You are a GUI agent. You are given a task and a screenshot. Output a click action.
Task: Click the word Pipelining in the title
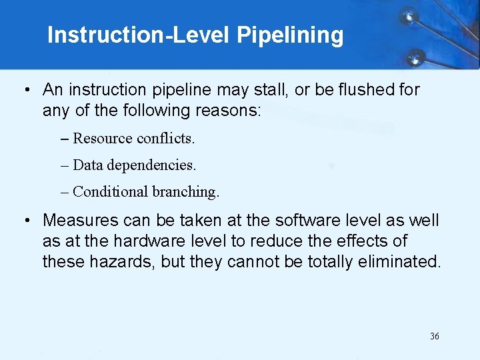coord(290,35)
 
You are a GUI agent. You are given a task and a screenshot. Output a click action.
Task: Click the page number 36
coord(435,337)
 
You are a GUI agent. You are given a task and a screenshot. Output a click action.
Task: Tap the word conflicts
coord(165,138)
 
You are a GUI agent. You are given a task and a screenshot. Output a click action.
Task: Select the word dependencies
coord(151,165)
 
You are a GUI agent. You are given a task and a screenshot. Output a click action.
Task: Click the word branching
coord(185,192)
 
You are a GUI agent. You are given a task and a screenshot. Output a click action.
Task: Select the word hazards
coord(126,261)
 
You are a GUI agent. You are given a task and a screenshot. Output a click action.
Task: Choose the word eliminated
coord(406,261)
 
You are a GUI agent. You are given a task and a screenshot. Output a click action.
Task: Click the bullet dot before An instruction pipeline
coord(25,90)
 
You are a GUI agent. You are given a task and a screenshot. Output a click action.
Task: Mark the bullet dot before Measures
coord(25,221)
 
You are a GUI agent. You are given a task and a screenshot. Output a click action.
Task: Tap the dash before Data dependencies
coord(64,165)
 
